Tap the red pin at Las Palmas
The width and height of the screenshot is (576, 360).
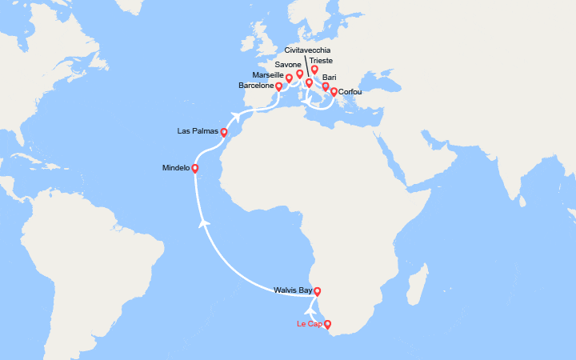224,133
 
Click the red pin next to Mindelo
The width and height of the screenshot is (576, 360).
195,169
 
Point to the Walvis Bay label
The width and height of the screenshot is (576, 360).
293,290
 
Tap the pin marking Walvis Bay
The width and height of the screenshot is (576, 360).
317,291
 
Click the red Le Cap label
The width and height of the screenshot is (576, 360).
308,324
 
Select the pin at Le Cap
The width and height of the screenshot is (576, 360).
327,325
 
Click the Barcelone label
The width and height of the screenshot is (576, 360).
256,85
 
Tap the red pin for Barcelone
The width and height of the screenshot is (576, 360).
278,86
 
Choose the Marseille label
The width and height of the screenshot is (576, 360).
267,74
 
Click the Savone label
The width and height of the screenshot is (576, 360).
287,63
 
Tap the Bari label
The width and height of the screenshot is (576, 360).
329,78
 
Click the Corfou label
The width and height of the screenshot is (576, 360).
351,92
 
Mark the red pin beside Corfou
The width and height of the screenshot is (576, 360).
334,92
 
